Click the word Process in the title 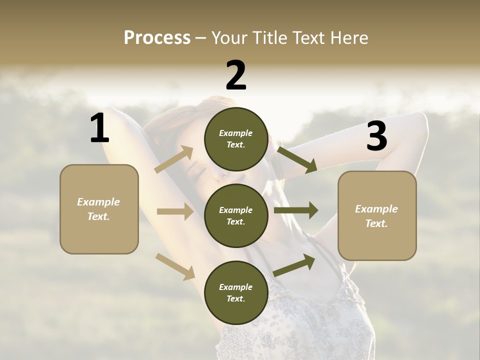[x=157, y=38]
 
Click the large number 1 [x=99, y=128]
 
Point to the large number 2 [x=236, y=75]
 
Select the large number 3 [x=376, y=136]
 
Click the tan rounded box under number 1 [x=99, y=209]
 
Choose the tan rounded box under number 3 [x=377, y=216]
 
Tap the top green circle [x=236, y=139]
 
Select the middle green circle [x=236, y=215]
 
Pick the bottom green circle [x=236, y=292]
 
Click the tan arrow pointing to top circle [x=174, y=159]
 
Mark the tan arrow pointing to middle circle [x=175, y=212]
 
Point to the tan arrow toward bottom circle [x=175, y=266]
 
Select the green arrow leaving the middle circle [x=295, y=210]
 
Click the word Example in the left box [x=98, y=202]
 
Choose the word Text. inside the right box [x=376, y=223]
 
